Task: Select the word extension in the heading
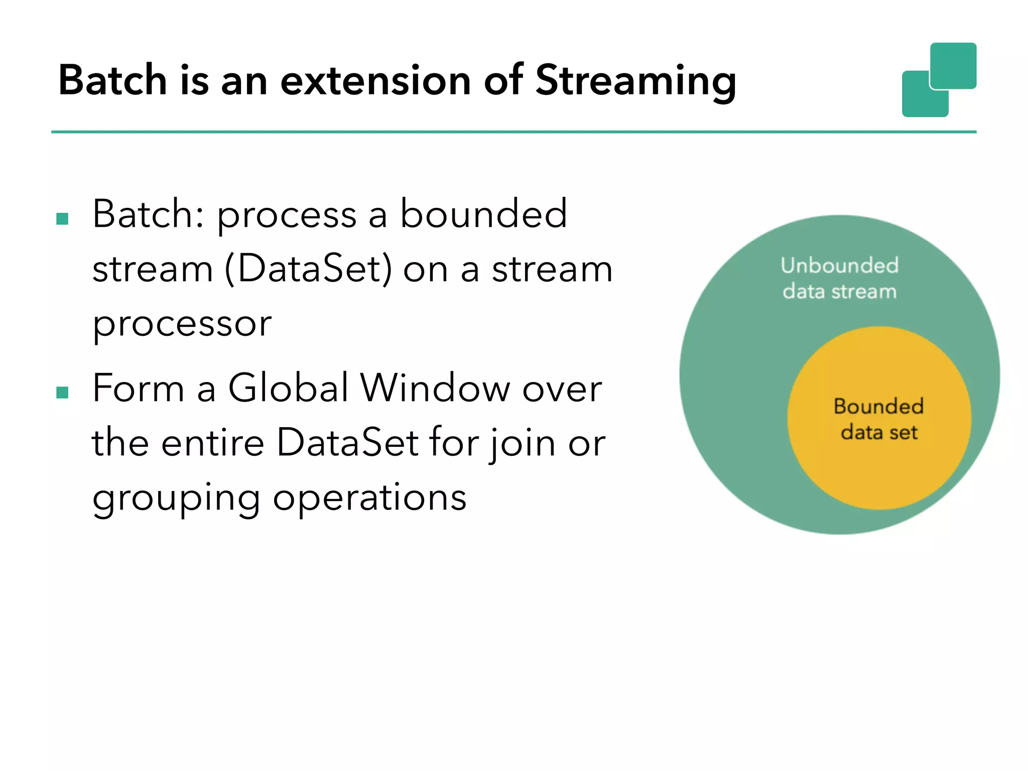click(x=375, y=80)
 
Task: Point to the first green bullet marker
click(x=62, y=219)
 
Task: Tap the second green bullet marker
click(x=62, y=393)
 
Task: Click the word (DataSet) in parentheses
click(x=308, y=269)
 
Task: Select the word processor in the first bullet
click(x=182, y=324)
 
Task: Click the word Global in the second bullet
click(x=288, y=388)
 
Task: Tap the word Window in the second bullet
click(x=435, y=388)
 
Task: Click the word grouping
click(x=176, y=498)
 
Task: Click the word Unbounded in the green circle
click(x=839, y=265)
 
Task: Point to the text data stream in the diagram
click(x=839, y=291)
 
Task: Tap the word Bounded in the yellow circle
click(x=878, y=406)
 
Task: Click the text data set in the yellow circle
click(x=879, y=432)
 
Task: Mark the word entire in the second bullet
click(x=213, y=443)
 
